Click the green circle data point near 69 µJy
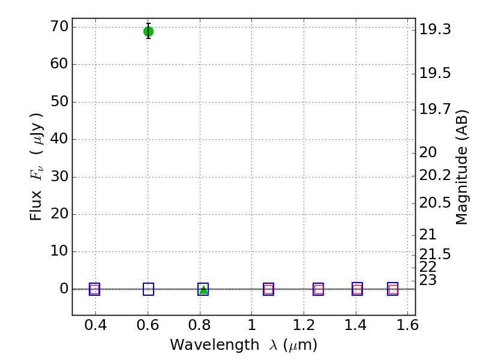coord(148,31)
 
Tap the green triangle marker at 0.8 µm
coord(203,289)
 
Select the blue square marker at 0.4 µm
coord(94,289)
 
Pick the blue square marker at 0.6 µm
coord(148,289)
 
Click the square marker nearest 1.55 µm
coord(393,289)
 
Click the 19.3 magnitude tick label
coord(435,29)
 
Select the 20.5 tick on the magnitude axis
coord(435,203)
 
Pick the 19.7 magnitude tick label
coord(435,109)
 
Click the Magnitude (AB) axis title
coord(461,167)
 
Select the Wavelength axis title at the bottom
coord(244,345)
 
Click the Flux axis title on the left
coord(37,167)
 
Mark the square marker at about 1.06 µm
coord(268,289)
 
